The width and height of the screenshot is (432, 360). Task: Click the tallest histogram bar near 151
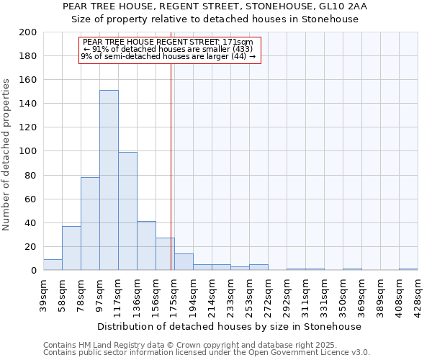109,180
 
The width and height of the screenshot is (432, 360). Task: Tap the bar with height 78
90,223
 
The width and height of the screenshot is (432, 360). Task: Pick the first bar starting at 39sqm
53,265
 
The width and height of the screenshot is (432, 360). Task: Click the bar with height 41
146,246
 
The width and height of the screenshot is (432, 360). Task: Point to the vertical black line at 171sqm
171,166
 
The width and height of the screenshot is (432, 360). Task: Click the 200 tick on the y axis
29,32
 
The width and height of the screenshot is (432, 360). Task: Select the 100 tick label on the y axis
29,151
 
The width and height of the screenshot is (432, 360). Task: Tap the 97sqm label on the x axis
99,296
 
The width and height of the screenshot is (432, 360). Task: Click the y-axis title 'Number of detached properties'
7,165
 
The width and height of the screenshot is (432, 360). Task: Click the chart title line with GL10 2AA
215,6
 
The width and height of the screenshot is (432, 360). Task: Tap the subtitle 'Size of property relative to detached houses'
215,19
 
